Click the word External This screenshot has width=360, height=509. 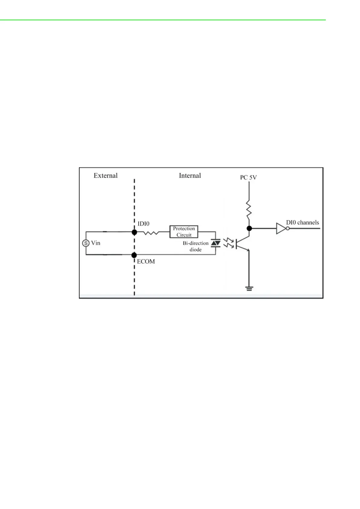click(x=105, y=176)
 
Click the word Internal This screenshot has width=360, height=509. click(x=190, y=176)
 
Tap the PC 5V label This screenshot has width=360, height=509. click(x=248, y=177)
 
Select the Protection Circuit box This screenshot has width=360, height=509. click(x=184, y=232)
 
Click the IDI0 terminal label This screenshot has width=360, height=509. click(x=143, y=224)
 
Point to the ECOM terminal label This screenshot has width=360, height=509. click(x=146, y=261)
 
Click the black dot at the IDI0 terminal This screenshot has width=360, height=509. click(x=134, y=232)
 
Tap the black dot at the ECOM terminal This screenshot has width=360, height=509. click(x=134, y=255)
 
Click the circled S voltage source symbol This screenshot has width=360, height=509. click(x=86, y=243)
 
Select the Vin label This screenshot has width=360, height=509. click(x=96, y=243)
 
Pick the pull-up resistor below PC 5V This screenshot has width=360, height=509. click(x=249, y=209)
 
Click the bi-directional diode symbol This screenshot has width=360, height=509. click(x=215, y=243)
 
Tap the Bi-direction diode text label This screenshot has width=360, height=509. click(x=195, y=246)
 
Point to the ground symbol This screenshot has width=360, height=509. click(x=249, y=288)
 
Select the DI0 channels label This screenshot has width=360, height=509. click(x=302, y=222)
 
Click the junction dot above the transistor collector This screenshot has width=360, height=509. click(x=249, y=229)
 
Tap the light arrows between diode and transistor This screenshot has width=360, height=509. click(x=228, y=243)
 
